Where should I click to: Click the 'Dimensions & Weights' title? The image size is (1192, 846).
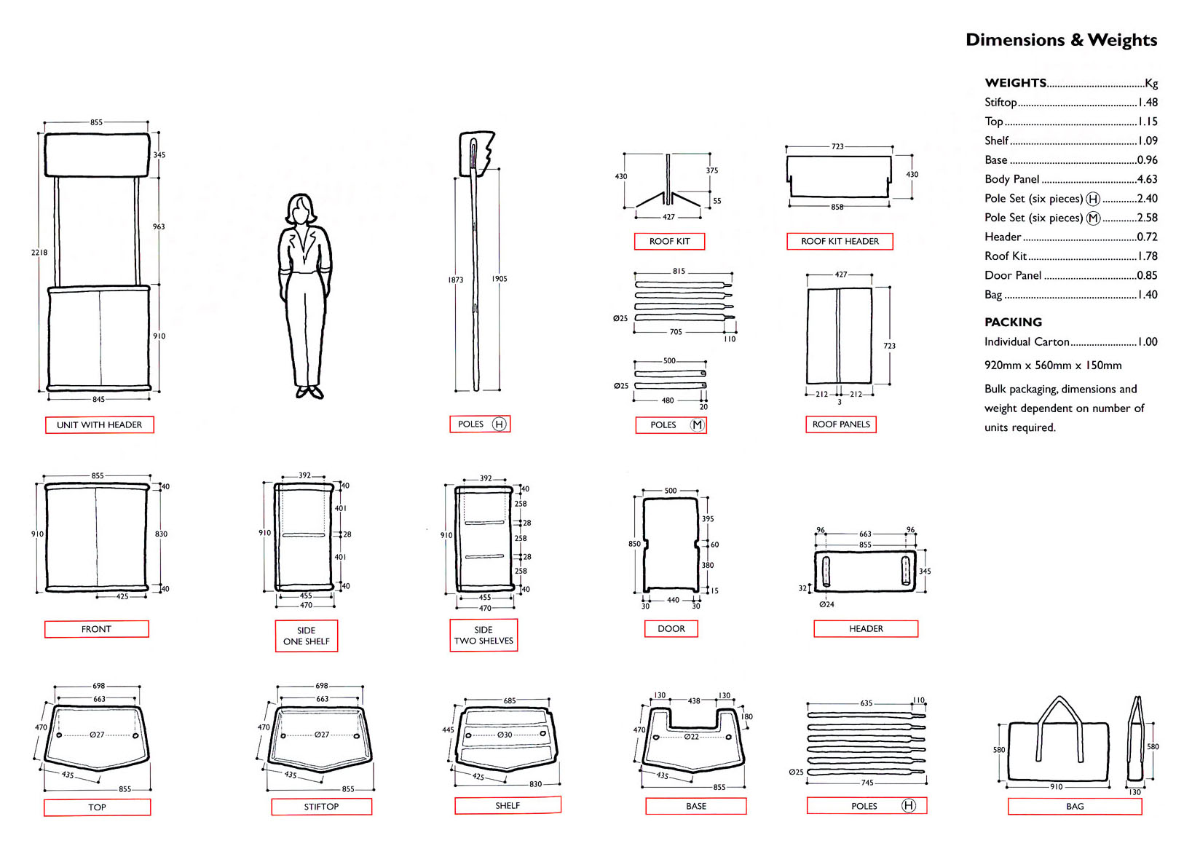(1061, 40)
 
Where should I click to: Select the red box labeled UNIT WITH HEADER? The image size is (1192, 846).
(100, 425)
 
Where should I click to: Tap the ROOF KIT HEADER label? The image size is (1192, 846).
(840, 242)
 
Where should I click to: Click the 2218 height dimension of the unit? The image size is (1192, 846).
(39, 253)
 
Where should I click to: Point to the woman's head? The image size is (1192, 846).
(300, 210)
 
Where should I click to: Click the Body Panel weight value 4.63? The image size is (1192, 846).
(1147, 179)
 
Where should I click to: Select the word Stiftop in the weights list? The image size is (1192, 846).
(1000, 103)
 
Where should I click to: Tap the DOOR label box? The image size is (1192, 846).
(671, 629)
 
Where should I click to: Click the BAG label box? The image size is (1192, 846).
(1075, 807)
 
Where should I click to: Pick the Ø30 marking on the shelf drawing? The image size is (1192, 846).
(505, 735)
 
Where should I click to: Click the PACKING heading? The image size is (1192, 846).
(1013, 322)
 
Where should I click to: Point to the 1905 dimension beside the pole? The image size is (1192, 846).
(500, 279)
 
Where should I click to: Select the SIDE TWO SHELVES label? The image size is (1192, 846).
(483, 636)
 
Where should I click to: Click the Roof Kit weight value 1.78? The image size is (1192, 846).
(1147, 256)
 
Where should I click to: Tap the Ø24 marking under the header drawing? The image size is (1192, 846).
(826, 604)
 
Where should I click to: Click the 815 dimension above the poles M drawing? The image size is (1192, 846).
(679, 271)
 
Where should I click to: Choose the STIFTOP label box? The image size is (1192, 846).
(321, 807)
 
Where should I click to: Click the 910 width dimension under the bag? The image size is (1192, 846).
(1056, 787)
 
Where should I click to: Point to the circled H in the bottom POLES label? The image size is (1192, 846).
(908, 805)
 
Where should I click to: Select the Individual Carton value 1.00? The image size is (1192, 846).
(1147, 342)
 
